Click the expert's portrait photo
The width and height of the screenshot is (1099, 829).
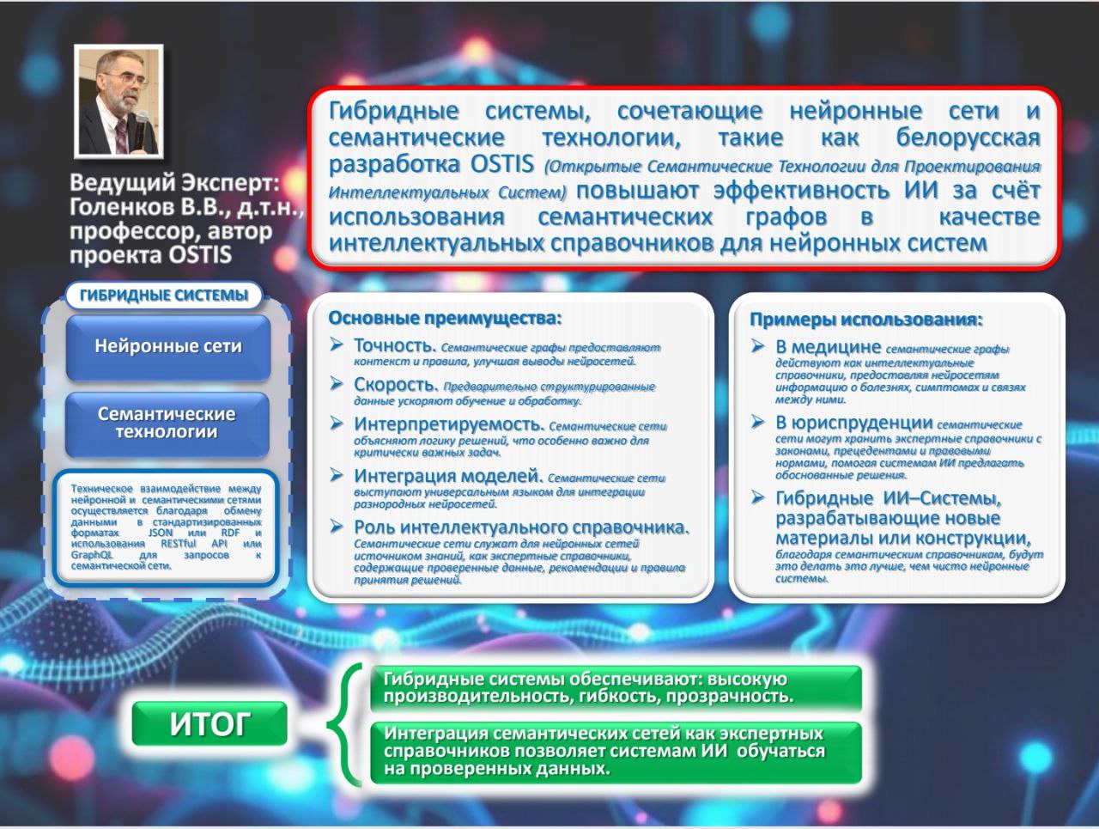pos(118,101)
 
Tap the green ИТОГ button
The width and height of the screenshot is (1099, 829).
pos(209,723)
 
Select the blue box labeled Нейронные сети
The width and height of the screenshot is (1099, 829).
pos(168,347)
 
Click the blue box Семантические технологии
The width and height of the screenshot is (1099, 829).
pos(167,424)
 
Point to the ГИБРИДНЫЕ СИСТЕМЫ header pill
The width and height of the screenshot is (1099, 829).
pos(164,295)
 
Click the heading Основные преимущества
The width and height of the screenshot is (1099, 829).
pos(445,318)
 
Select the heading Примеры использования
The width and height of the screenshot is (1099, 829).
pos(866,320)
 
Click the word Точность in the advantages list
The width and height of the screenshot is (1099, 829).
pos(395,345)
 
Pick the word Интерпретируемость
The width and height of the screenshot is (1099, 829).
pos(449,424)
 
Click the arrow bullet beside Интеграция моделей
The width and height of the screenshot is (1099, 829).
pos(337,474)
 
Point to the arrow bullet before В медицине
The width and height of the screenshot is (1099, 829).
pos(757,345)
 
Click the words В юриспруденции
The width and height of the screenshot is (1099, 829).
pos(854,423)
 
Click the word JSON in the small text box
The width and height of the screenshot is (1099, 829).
pos(161,533)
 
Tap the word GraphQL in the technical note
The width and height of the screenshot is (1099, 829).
pos(92,555)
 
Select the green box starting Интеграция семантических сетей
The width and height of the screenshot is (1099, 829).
pos(616,753)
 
